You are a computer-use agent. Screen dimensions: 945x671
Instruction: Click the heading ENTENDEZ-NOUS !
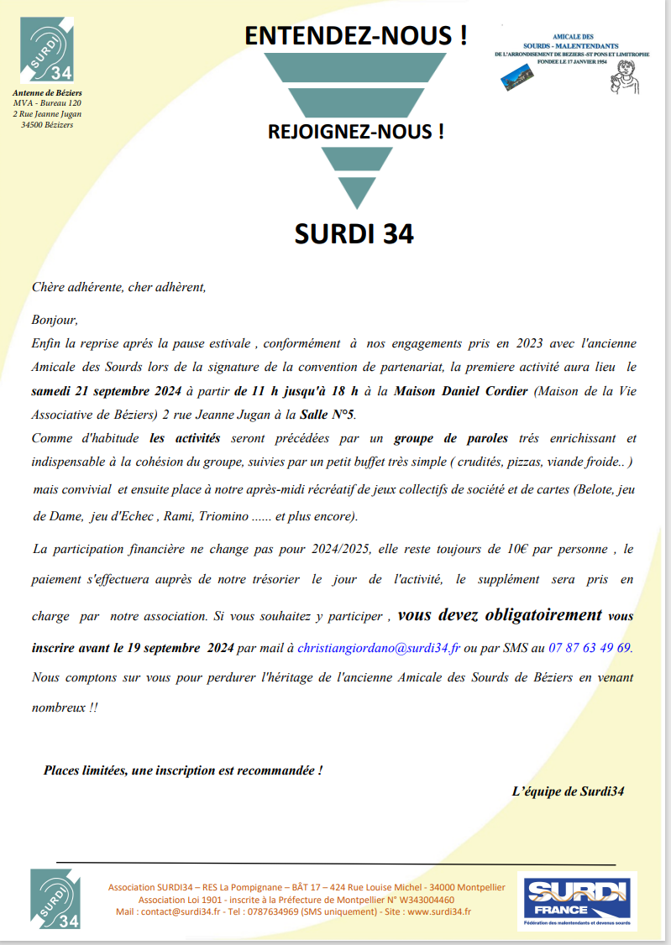pos(355,35)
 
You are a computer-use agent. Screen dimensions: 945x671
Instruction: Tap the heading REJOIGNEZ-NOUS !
pos(355,132)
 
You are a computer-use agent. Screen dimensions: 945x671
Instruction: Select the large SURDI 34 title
pos(354,233)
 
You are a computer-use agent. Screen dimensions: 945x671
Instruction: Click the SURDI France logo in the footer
pos(578,901)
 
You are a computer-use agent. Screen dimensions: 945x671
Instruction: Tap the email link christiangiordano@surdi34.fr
pos(380,648)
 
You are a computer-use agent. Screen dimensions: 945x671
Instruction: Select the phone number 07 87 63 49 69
pos(590,648)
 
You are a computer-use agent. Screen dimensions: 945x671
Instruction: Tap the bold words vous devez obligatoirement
pos(500,615)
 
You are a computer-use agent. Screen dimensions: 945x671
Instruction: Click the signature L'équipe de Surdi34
pos(568,791)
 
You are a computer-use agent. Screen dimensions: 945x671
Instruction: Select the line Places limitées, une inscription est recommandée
pos(183,770)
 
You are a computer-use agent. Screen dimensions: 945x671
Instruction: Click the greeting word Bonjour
pos(55,320)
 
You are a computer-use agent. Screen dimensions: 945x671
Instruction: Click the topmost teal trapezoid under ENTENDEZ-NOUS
pos(355,67)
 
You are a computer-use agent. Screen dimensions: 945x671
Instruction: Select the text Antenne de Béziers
pos(47,92)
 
